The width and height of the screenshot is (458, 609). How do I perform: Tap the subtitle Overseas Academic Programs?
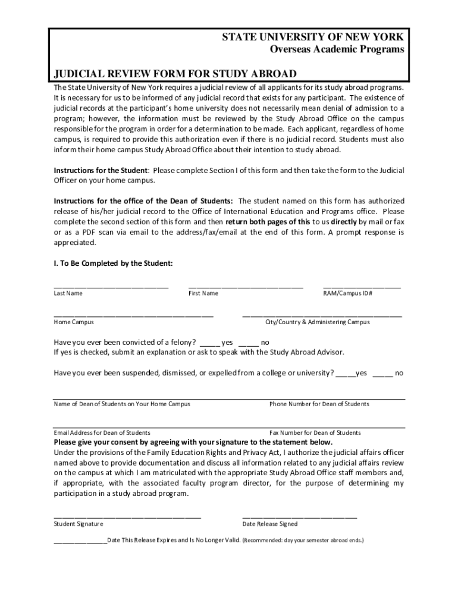(333, 49)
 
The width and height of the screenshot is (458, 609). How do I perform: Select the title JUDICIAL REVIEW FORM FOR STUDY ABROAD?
(175, 74)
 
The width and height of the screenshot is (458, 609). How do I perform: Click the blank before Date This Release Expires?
(80, 542)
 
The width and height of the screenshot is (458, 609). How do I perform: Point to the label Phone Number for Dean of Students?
(319, 404)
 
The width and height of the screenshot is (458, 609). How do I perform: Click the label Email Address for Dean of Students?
(102, 433)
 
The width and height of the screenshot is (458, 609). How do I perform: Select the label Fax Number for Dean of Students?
(315, 433)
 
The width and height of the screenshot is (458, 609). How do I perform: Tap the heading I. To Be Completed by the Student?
(113, 263)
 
